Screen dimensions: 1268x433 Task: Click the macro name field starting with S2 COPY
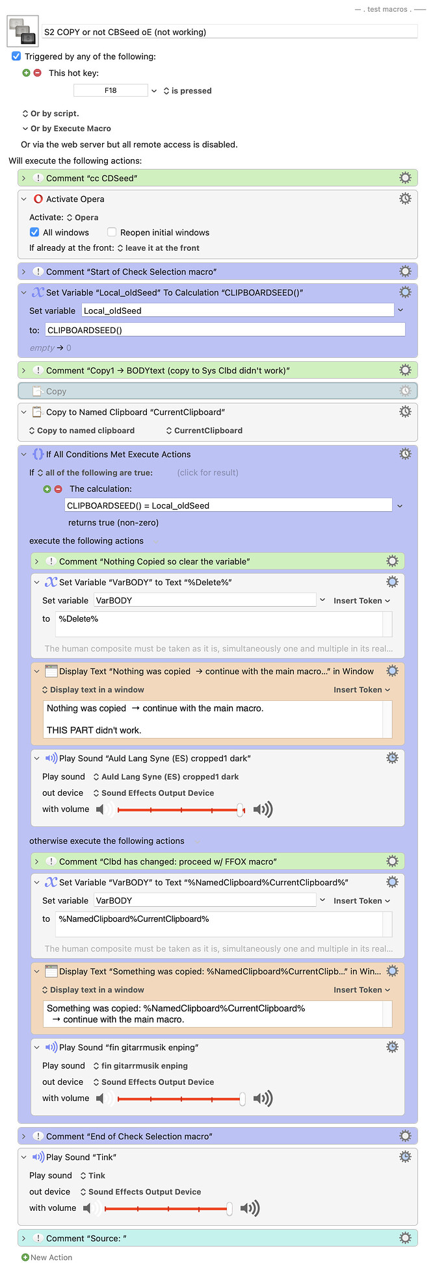pos(228,32)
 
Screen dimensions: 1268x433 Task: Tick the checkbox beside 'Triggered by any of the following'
pos(16,57)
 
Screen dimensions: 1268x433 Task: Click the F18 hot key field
pos(111,91)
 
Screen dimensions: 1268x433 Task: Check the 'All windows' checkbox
pos(34,233)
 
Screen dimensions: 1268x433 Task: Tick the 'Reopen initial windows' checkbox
pos(112,233)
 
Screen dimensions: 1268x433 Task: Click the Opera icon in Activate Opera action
pos(38,199)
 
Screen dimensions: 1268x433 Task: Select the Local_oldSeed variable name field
pos(237,311)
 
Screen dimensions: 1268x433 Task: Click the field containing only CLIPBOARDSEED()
pos(224,330)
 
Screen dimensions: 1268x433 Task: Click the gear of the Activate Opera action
pos(405,199)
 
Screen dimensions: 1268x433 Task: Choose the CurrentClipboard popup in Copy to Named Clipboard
pos(204,431)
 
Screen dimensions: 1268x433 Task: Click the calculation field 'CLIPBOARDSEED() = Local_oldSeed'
pos(228,505)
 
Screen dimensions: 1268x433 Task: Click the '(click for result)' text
pos(207,473)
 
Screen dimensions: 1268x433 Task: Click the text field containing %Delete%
pos(219,624)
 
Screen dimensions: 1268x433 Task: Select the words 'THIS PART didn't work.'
pos(94,730)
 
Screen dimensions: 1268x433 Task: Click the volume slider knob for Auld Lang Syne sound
pos(241,809)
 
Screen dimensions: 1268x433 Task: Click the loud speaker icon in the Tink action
pos(250,1208)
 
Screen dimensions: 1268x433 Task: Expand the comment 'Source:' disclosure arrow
pos(23,1238)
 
